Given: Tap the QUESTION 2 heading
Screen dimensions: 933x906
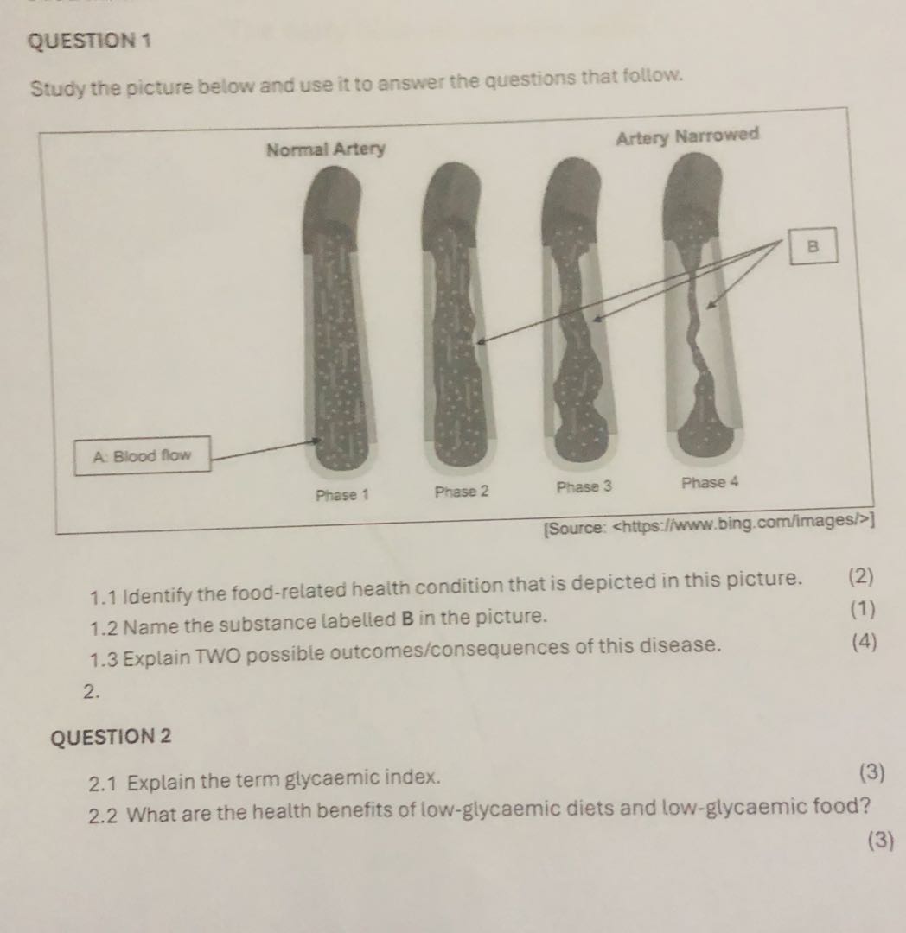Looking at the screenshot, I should pyautogui.click(x=112, y=737).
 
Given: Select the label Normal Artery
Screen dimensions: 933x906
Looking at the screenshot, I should pyautogui.click(x=325, y=149).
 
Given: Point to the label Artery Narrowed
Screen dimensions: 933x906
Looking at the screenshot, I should pyautogui.click(x=687, y=136).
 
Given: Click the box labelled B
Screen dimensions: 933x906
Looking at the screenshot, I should pyautogui.click(x=812, y=244).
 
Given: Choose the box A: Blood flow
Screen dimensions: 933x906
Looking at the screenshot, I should pyautogui.click(x=142, y=455).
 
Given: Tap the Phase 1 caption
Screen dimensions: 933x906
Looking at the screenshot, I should pyautogui.click(x=342, y=495).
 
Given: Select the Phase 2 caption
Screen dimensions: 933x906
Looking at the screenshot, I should pyautogui.click(x=462, y=492).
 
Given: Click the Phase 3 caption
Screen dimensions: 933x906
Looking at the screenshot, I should pyautogui.click(x=584, y=486).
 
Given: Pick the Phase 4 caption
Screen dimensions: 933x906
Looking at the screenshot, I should pyautogui.click(x=710, y=482).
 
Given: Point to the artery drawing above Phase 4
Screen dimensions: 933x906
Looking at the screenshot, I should pyautogui.click(x=699, y=311).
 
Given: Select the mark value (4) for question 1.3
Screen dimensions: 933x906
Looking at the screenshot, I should pyautogui.click(x=864, y=642).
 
